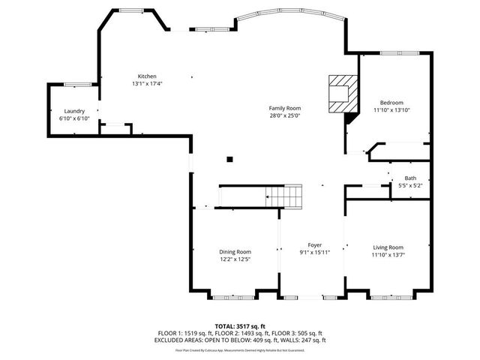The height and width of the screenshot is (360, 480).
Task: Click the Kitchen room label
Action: (x=146, y=76)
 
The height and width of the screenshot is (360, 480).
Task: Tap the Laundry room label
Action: (x=73, y=111)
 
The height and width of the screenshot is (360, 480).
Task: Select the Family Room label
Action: (x=285, y=109)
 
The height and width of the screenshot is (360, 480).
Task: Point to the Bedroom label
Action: (x=391, y=103)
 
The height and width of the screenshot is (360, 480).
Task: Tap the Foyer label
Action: (x=315, y=245)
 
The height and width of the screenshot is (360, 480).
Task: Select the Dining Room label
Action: (x=235, y=252)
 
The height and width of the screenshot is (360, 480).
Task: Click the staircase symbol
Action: (x=285, y=197)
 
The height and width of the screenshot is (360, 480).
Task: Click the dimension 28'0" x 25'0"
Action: (x=285, y=116)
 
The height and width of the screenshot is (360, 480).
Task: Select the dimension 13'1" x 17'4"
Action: (x=146, y=83)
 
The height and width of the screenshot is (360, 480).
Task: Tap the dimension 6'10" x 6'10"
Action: (x=73, y=118)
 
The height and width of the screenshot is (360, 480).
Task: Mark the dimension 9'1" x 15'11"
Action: (x=315, y=253)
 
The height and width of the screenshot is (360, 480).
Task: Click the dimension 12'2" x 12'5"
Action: (x=235, y=259)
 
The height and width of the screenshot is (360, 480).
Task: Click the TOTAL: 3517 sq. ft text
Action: (x=240, y=326)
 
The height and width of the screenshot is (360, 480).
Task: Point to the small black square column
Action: (x=230, y=158)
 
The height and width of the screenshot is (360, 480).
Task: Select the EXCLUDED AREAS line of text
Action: (x=240, y=339)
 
